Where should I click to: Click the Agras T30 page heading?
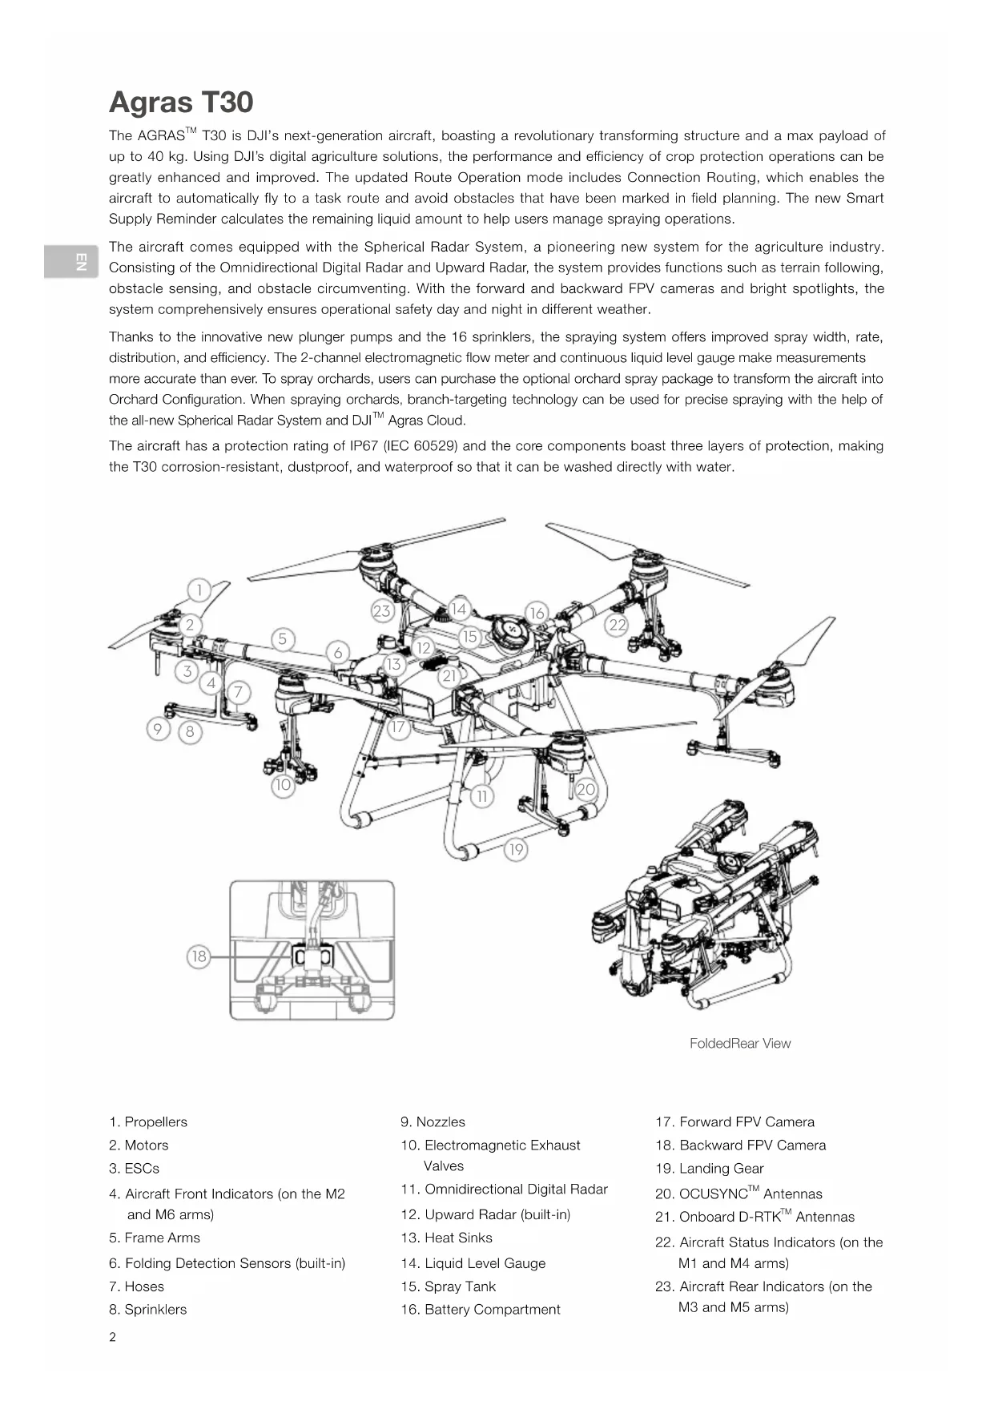click(x=181, y=103)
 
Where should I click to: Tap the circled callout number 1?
click(x=199, y=590)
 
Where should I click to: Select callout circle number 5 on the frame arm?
click(x=283, y=639)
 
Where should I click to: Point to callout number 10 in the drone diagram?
click(x=283, y=785)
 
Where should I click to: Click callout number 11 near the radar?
click(x=482, y=796)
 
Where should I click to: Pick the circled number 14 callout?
click(x=459, y=609)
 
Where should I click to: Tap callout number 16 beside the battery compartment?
click(x=537, y=613)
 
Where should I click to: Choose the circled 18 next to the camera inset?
click(x=199, y=956)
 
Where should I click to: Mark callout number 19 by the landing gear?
click(x=516, y=849)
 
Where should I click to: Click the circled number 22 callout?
click(x=617, y=625)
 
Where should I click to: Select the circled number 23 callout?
click(x=382, y=611)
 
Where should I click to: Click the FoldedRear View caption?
click(x=739, y=1044)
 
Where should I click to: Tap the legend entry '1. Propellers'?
click(x=148, y=1122)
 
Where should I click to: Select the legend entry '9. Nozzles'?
click(x=433, y=1122)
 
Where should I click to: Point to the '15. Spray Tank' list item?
click(x=449, y=1286)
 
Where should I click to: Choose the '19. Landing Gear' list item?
click(x=709, y=1169)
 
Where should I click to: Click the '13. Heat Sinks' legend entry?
click(x=446, y=1238)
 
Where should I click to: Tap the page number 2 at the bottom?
click(x=112, y=1337)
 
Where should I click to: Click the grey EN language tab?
click(x=71, y=261)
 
